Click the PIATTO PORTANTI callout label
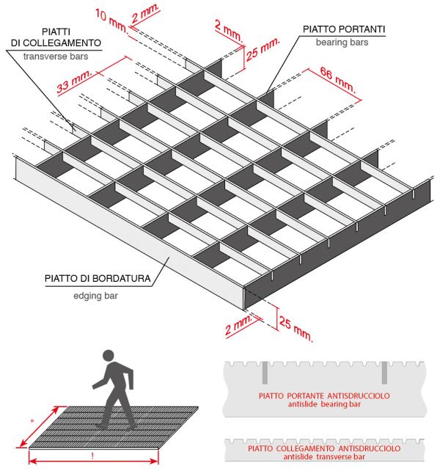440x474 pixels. point(344,29)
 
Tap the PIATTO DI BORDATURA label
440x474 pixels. point(98,280)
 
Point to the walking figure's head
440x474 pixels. point(109,357)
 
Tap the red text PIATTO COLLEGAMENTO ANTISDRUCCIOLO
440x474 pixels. point(324,448)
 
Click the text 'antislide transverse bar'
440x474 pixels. point(324,457)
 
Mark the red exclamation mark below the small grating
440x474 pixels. point(92,454)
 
